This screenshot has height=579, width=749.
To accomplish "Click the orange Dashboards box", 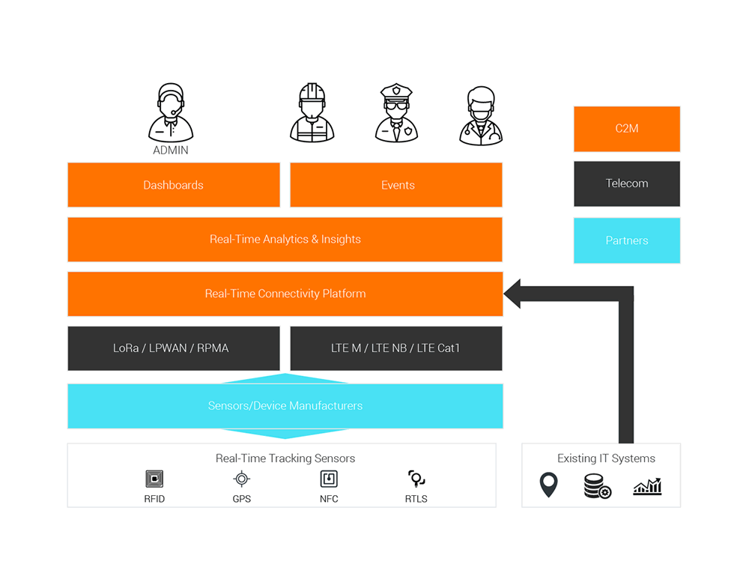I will [x=173, y=185].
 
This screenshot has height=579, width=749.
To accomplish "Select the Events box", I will [x=397, y=185].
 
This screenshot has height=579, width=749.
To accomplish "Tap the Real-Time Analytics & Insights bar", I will [x=285, y=240].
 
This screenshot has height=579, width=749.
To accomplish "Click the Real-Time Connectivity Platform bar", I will [x=285, y=294].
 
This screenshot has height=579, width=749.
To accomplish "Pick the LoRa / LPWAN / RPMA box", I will [x=173, y=348].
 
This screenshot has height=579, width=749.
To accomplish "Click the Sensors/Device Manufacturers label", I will [x=285, y=406].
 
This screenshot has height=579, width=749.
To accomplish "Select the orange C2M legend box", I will [x=626, y=129].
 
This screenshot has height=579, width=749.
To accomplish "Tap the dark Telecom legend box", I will [x=626, y=184].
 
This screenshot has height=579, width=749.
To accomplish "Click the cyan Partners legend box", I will [x=626, y=240].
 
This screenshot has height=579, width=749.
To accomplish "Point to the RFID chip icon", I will [x=154, y=479].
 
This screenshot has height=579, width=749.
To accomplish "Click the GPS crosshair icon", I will [x=241, y=479].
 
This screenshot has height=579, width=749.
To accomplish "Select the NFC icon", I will [x=328, y=479].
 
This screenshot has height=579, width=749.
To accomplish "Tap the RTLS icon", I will [x=416, y=479].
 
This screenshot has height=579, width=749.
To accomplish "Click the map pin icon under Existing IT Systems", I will [x=549, y=485].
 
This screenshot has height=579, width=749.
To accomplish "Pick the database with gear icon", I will [x=597, y=486].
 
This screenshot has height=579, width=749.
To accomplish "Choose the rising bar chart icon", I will [x=647, y=486].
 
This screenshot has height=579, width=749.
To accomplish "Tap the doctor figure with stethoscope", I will [x=481, y=116].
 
